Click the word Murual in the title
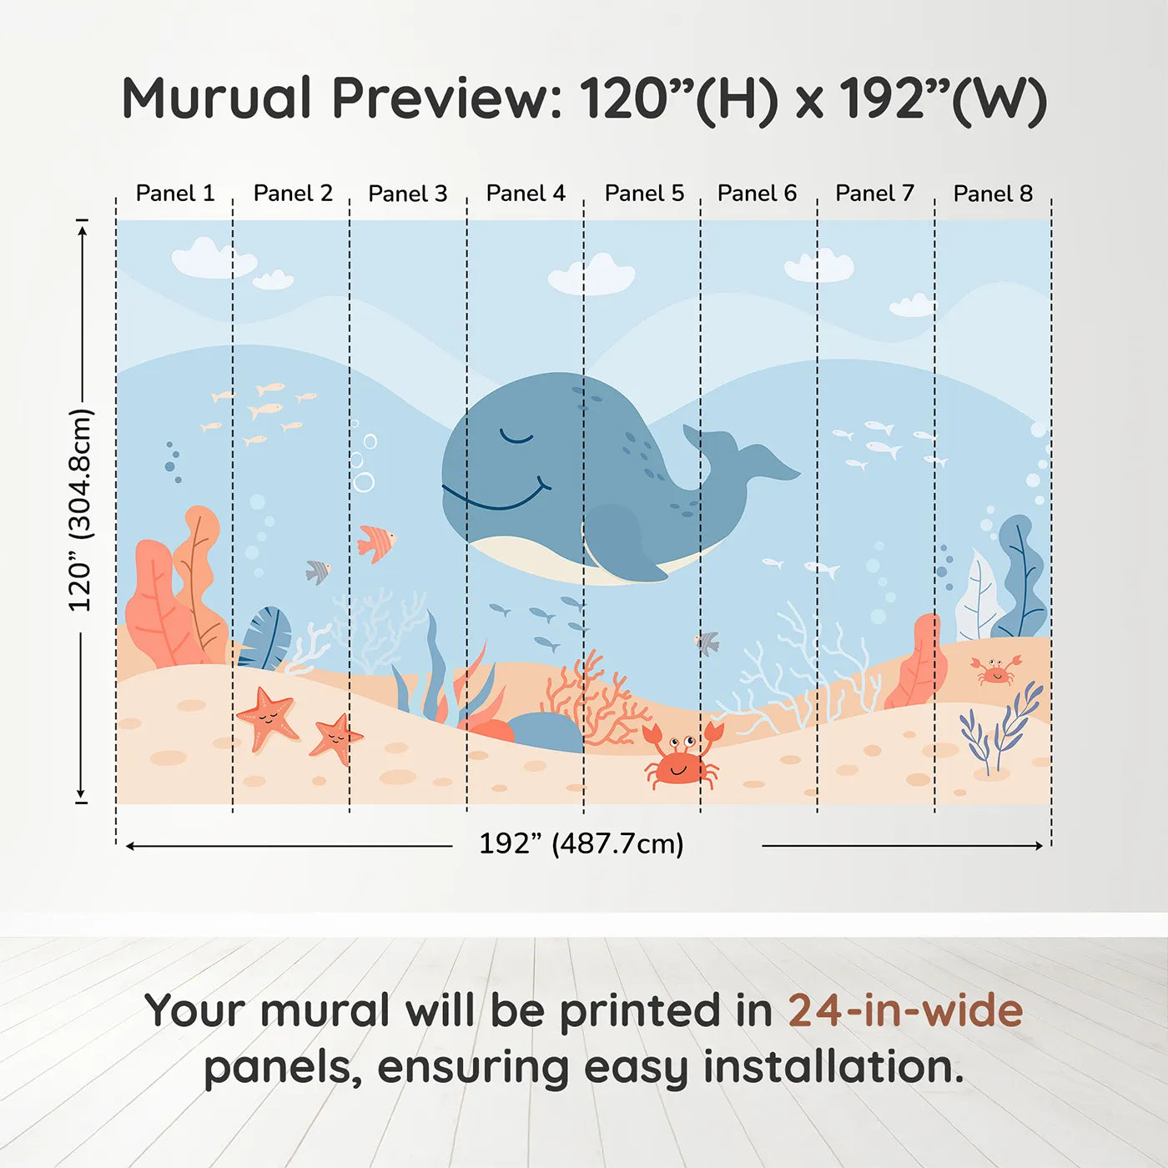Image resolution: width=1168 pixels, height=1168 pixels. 217,98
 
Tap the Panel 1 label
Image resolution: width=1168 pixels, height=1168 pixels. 175,194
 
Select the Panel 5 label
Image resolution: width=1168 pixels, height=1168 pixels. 644,194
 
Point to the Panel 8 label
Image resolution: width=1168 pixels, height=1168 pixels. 993,194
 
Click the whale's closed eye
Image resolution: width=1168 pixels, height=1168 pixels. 515,436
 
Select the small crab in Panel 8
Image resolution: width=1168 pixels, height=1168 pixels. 995,670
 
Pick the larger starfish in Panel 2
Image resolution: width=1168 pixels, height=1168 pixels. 268,716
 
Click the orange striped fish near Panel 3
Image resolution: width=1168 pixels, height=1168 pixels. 375,543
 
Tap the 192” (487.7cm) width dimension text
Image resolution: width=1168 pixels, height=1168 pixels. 581,843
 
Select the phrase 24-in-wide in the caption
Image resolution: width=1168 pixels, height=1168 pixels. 905,1010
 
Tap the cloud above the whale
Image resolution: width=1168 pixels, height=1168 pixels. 592,276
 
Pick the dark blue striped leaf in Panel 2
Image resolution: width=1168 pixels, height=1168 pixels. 265,638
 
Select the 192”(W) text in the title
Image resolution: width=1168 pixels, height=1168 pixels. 943,98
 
